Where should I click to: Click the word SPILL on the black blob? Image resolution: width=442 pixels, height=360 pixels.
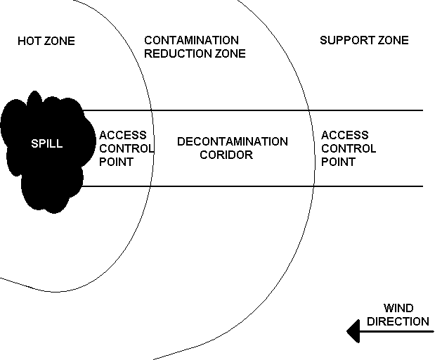[46, 144]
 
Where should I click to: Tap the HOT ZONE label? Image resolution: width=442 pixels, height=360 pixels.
[46, 41]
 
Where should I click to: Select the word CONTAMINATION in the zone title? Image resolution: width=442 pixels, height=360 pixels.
[191, 41]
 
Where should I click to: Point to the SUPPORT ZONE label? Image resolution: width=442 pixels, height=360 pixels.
[364, 40]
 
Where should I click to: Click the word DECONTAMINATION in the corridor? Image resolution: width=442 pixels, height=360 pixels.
[232, 141]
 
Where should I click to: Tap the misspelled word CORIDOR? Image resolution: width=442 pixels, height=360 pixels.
[226, 155]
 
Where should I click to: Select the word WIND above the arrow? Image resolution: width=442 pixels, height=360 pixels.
[398, 309]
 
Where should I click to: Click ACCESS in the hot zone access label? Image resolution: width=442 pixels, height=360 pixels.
[123, 135]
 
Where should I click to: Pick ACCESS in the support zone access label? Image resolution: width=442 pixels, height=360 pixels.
[344, 135]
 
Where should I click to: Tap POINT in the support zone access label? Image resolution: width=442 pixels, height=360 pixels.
[338, 162]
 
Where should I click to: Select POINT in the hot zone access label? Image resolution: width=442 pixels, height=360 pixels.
[116, 162]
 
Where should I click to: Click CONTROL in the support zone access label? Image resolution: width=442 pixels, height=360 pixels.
[349, 148]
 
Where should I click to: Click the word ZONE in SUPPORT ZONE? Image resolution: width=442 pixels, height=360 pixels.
[393, 40]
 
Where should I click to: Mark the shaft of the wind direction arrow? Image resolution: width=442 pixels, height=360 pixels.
[401, 330]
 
